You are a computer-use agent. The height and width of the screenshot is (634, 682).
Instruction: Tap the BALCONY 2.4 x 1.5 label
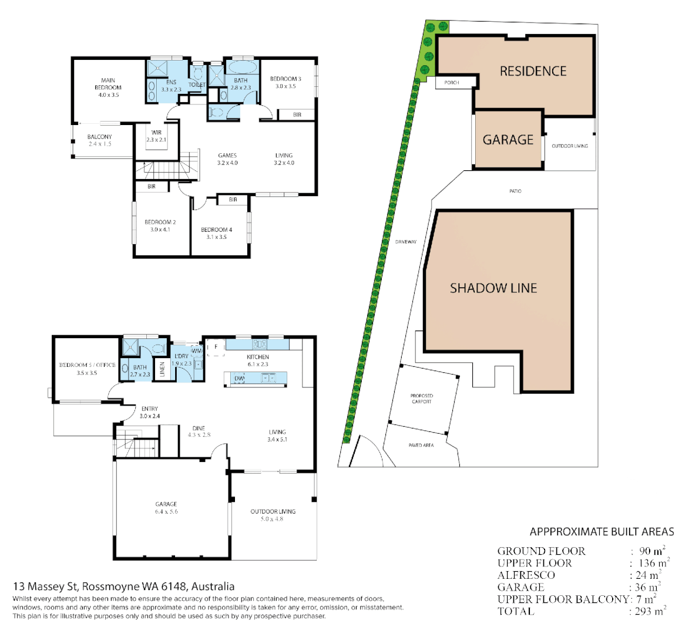coord(100,140)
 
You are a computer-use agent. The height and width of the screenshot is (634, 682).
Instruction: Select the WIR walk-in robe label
coord(156,136)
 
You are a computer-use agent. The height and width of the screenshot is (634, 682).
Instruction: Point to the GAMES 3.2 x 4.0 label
coord(227,159)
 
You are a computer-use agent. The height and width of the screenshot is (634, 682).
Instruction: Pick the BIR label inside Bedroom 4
coord(233,200)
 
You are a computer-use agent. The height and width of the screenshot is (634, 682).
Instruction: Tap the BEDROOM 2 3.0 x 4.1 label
coord(160,226)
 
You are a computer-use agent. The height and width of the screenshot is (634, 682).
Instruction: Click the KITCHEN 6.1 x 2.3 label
coord(258,360)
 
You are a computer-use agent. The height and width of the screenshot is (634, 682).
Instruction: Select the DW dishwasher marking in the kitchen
coord(240,379)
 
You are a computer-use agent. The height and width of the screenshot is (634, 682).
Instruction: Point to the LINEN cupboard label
coord(163,369)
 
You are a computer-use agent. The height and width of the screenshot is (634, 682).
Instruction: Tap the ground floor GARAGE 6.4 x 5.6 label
coord(166,508)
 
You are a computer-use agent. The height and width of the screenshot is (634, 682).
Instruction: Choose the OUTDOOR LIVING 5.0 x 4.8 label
coord(273,515)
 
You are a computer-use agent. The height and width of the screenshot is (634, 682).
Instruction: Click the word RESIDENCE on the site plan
coord(533,71)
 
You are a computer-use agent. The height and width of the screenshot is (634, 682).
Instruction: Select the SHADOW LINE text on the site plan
coord(493,288)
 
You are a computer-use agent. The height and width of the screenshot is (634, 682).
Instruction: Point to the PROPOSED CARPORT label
coord(422,399)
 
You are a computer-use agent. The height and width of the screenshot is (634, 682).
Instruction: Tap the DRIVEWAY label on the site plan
coord(406,242)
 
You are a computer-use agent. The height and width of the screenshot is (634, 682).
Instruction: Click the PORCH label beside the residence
coord(452,83)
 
